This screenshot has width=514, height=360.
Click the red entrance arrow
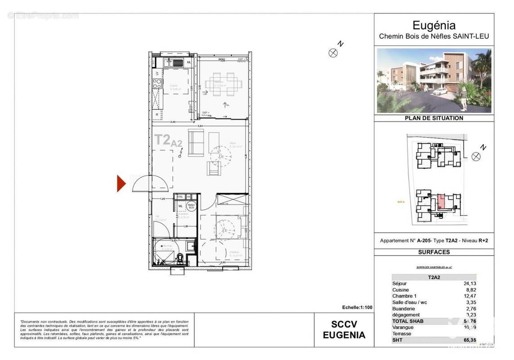point(121,184)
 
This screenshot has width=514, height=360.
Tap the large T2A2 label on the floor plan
point(168,140)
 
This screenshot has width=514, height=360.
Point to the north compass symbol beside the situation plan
point(476,156)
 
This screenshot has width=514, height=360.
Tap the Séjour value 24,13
point(469,283)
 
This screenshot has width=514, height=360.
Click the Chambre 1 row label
point(404,296)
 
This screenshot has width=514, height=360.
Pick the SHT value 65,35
point(469,340)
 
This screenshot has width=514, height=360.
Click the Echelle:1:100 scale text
point(357,307)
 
